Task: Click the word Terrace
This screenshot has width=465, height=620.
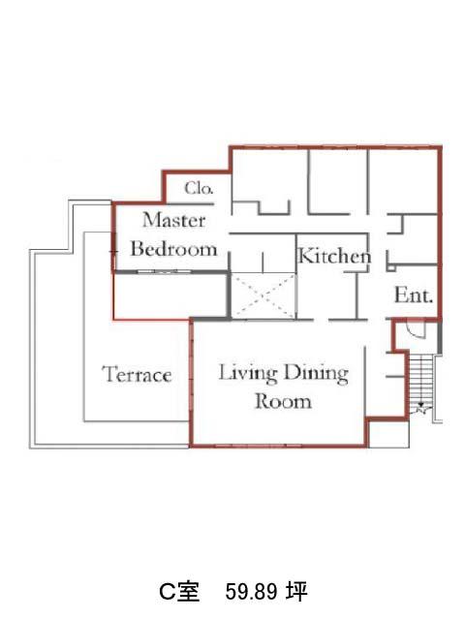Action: click(138, 374)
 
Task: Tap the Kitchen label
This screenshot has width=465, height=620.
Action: click(334, 256)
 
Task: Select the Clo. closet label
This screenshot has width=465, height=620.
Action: click(199, 188)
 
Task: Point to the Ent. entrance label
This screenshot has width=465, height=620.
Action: click(414, 294)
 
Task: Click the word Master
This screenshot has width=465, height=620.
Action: click(174, 220)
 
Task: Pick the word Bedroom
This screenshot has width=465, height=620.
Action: click(174, 249)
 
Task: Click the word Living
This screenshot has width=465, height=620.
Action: click(248, 373)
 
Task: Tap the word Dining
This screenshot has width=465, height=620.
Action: click(317, 373)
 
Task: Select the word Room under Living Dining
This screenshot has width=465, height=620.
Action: click(283, 402)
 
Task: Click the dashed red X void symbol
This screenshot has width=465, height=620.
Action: click(263, 294)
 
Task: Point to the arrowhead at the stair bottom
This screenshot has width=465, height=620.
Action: click(421, 405)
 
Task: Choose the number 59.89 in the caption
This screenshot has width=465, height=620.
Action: click(251, 592)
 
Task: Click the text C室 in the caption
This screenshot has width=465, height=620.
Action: click(179, 592)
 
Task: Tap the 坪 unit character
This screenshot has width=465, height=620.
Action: click(297, 592)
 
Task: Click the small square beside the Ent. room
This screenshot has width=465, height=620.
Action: click(390, 267)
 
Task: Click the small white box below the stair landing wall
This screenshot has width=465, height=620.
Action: click(387, 434)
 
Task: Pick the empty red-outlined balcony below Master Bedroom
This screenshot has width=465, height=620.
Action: click(170, 295)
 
